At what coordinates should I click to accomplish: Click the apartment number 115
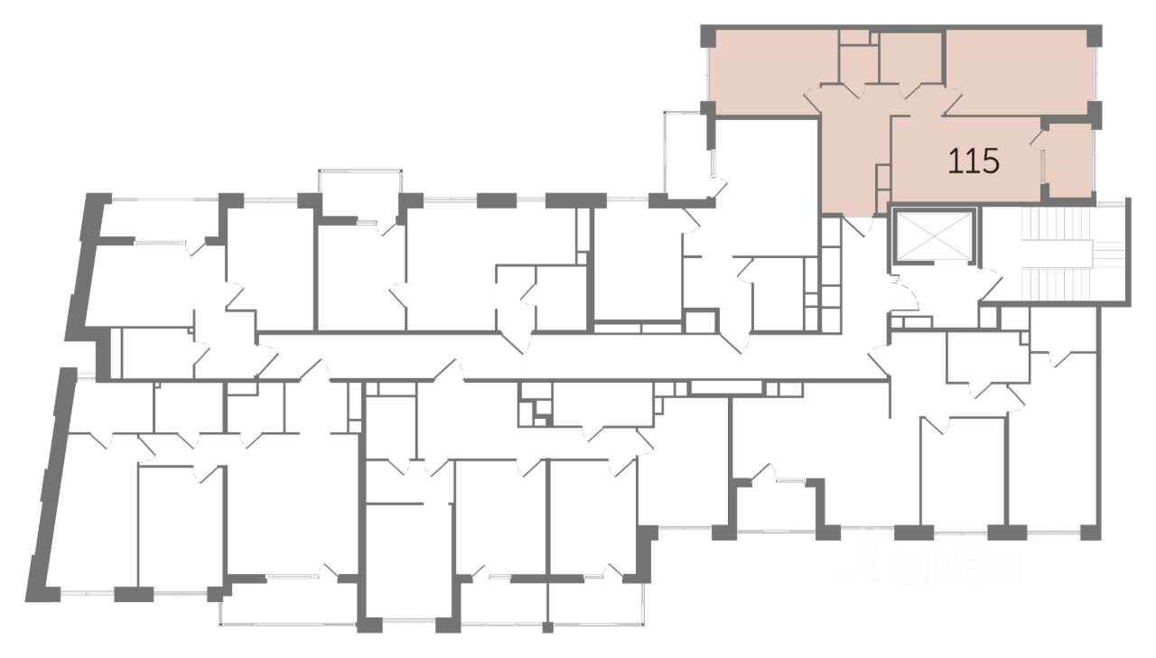tap(973, 162)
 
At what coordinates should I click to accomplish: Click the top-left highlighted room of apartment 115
tap(763, 72)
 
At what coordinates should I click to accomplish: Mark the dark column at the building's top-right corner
tap(1094, 35)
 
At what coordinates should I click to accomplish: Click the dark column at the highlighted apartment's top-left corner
tap(708, 36)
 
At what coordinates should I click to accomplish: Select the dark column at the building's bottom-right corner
tap(1091, 532)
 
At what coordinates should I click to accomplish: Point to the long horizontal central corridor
tap(560, 356)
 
